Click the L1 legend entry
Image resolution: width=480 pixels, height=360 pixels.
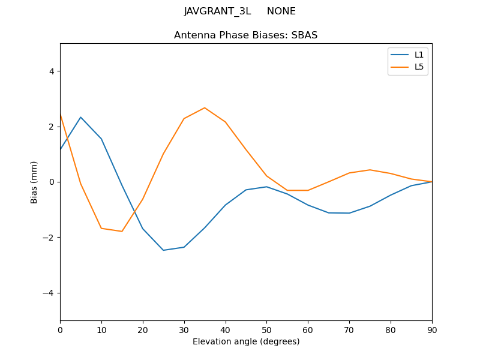tap(419, 55)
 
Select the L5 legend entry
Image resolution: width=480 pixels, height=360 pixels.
tap(419, 67)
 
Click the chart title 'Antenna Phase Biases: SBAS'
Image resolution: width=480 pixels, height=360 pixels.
tap(246, 35)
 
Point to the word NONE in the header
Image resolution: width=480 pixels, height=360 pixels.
tap(281, 11)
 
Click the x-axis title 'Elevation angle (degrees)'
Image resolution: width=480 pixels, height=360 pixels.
tap(246, 342)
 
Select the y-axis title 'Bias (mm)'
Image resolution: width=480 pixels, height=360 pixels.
tap(34, 182)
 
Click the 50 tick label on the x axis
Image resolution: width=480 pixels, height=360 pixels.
tap(266, 329)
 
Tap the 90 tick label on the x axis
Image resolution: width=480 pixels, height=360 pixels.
tap(432, 329)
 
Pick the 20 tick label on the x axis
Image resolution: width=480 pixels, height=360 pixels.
tap(143, 329)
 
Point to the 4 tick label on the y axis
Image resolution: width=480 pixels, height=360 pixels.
tap(52, 71)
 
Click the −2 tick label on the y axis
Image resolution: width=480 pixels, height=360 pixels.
tap(49, 238)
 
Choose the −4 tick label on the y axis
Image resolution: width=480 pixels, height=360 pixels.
tap(49, 293)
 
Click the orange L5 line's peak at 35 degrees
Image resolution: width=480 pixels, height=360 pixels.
tap(205, 108)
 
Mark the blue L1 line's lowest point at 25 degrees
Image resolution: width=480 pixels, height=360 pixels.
tap(163, 250)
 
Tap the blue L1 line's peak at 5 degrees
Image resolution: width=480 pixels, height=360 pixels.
tap(80, 117)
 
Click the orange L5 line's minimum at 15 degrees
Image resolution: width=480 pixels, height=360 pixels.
tap(122, 232)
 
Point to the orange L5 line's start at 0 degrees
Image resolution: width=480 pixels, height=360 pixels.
tap(61, 114)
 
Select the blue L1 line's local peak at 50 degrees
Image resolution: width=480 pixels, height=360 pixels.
tap(266, 187)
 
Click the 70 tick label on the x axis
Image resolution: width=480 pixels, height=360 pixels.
tap(349, 329)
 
